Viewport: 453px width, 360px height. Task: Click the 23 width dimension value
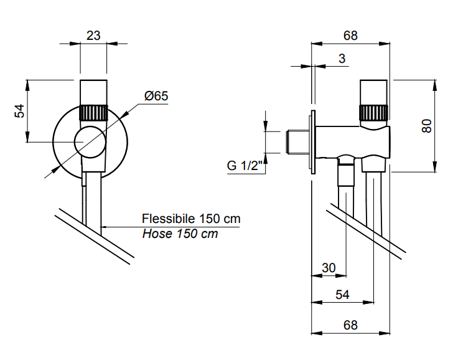[x=93, y=36]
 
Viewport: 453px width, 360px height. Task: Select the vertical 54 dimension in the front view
[x=20, y=111]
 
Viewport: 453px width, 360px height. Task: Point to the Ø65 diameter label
[x=156, y=97]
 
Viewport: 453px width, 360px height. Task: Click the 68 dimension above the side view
[x=350, y=36]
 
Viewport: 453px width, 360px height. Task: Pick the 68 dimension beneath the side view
[x=350, y=325]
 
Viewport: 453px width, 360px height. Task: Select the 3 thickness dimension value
[x=342, y=59]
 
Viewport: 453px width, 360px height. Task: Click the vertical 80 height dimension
[x=427, y=126]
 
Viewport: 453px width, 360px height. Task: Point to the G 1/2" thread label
[x=242, y=166]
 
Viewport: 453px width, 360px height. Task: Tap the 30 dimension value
[x=329, y=268]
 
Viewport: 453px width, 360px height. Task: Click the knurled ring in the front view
[x=93, y=113]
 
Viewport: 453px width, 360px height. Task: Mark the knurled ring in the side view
[x=373, y=113]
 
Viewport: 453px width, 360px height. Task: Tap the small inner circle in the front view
[x=89, y=141]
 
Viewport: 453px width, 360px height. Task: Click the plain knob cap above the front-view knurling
[x=93, y=92]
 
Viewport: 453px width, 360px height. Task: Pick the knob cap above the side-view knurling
[x=373, y=92]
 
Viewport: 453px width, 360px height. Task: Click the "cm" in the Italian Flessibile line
[x=231, y=219]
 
